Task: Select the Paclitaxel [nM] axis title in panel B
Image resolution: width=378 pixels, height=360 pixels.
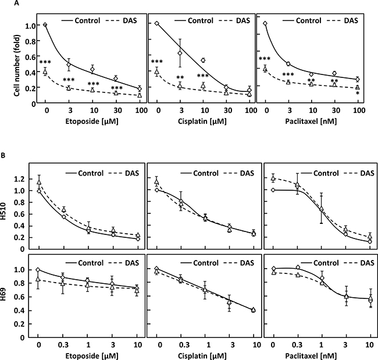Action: pyautogui.click(x=318, y=352)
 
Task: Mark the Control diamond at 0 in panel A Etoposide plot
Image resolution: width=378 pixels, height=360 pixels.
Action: pyautogui.click(x=45, y=24)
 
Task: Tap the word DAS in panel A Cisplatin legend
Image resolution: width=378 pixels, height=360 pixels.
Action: pyautogui.click(x=239, y=10)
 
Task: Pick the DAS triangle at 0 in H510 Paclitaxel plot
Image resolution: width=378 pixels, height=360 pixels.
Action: pyautogui.click(x=273, y=178)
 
